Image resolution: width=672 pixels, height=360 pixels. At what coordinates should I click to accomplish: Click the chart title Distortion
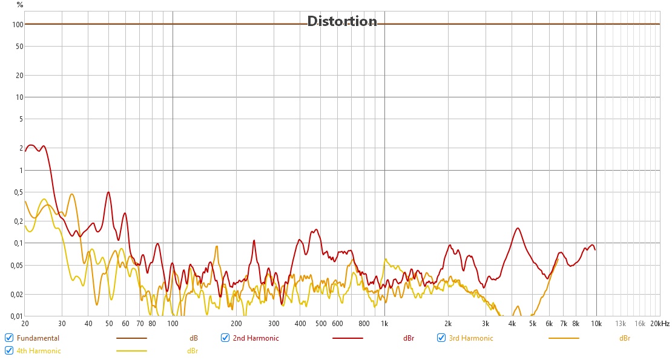tap(342, 21)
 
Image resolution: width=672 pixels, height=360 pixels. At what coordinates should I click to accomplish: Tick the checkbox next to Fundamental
tap(9, 338)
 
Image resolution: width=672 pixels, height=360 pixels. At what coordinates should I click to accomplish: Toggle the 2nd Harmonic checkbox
tap(225, 338)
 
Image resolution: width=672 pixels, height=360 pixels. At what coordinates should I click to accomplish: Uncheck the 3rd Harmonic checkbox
tap(441, 338)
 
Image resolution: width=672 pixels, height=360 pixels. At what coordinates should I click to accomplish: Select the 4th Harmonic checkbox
tap(9, 351)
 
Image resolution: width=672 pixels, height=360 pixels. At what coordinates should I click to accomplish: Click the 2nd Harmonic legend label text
tap(255, 338)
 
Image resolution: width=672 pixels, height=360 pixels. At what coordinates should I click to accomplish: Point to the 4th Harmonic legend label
tap(39, 351)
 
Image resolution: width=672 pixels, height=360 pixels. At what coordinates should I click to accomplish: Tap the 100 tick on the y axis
tap(18, 24)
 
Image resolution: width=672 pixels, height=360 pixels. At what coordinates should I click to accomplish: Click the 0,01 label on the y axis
tap(17, 316)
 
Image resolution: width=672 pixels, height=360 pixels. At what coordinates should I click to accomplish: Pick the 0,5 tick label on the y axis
tap(18, 192)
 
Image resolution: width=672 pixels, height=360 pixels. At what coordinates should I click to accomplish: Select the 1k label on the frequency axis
tap(384, 324)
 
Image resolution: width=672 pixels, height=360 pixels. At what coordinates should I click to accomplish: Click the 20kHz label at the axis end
tap(660, 324)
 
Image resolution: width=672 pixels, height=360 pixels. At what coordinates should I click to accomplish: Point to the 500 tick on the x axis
tap(321, 324)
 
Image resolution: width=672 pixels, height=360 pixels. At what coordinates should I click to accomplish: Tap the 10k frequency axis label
tap(596, 324)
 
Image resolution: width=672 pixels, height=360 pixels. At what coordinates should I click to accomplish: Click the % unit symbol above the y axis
tap(20, 5)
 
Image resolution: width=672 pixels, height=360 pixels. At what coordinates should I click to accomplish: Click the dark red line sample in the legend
tap(348, 338)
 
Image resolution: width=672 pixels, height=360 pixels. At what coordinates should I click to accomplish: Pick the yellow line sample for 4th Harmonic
tap(131, 351)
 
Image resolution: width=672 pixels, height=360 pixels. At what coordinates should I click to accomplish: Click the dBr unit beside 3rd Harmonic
tap(625, 338)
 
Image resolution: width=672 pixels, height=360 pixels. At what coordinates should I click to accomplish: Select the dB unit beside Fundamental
tap(194, 338)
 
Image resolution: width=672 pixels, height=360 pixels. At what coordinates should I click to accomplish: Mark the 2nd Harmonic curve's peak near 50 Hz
tap(108, 192)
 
